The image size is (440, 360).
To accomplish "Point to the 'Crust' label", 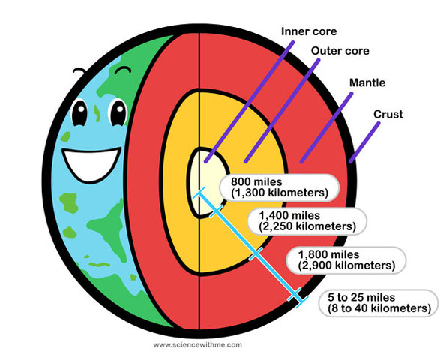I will pos(388,114).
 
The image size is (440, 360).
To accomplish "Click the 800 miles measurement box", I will pos(279,187).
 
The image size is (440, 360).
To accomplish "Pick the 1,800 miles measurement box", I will pos(346,259).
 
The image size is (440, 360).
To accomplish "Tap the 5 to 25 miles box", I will pos(378,302).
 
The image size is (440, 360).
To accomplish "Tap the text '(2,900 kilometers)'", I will pos(346,265).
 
